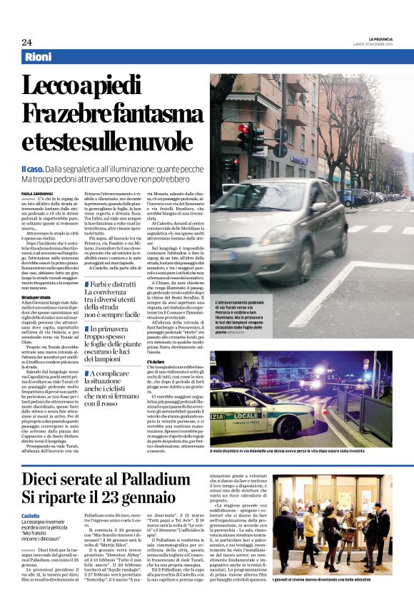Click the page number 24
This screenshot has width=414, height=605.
[x=27, y=42]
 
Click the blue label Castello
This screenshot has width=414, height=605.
[x=31, y=515]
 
